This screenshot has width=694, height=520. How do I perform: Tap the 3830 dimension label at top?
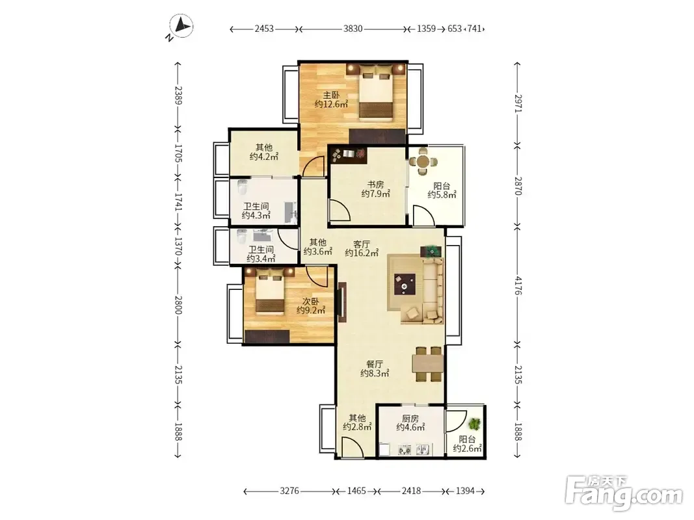353,29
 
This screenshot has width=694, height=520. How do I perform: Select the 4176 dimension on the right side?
517,285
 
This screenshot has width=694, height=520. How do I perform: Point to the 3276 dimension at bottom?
289,491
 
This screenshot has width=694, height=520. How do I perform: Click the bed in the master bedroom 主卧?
376,92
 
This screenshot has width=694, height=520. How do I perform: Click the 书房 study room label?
375,185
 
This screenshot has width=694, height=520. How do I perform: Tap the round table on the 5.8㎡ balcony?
423,161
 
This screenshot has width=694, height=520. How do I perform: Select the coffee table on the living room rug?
405,284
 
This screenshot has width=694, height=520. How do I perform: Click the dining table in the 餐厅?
427,364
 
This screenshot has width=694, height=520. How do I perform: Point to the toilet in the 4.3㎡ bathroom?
242,187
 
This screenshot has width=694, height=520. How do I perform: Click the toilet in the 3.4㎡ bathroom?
242,236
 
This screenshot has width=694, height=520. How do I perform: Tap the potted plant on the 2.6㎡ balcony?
474,424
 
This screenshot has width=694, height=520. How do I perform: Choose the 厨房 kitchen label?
410,418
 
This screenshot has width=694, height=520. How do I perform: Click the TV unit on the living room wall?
341,302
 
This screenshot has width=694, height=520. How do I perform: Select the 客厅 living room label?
362,244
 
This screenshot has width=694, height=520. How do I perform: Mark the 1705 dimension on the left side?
178,153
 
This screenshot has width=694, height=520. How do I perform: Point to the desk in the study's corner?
349,154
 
